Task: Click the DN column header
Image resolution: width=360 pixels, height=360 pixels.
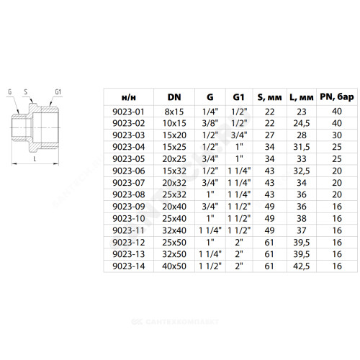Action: pyautogui.click(x=174, y=97)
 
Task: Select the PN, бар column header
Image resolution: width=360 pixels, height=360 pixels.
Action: pyautogui.click(x=337, y=97)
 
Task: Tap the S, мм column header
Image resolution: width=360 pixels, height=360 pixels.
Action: pyautogui.click(x=269, y=97)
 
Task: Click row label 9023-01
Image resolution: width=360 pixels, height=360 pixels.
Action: pyautogui.click(x=128, y=112)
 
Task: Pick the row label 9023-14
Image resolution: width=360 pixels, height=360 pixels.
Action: pyautogui.click(x=128, y=266)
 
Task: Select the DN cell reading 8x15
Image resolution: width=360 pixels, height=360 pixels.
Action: pyautogui.click(x=174, y=112)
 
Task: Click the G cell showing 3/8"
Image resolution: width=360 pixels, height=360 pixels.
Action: pyautogui.click(x=210, y=123)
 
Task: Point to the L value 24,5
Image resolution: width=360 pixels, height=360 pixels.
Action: pyautogui.click(x=302, y=123)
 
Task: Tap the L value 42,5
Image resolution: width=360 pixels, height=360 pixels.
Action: pyautogui.click(x=302, y=266)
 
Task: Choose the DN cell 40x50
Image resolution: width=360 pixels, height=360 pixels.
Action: pyautogui.click(x=174, y=266)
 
